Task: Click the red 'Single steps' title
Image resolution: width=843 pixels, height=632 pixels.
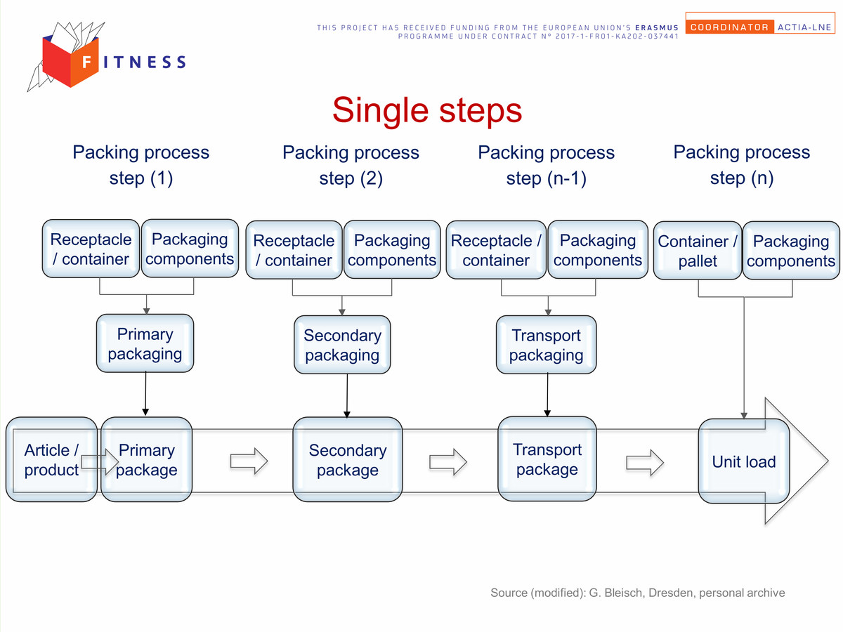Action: click(x=427, y=110)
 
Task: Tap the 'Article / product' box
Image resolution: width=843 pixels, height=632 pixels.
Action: click(x=51, y=459)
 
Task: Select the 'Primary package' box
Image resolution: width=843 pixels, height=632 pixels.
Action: click(x=146, y=459)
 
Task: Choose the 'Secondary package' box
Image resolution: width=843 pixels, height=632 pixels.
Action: click(x=348, y=459)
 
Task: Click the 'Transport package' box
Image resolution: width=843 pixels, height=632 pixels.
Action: click(x=547, y=459)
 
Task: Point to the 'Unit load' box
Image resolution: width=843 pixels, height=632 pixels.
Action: click(x=744, y=461)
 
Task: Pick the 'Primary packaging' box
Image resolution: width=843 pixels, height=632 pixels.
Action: click(x=145, y=343)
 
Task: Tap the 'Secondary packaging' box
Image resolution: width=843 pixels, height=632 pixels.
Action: click(x=342, y=345)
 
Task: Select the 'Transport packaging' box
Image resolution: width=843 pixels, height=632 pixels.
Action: click(x=546, y=345)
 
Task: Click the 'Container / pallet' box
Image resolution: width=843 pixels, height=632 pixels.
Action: click(x=698, y=251)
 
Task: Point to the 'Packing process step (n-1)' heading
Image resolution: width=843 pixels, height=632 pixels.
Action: click(x=546, y=165)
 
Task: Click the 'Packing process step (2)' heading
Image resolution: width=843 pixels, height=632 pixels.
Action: click(x=351, y=165)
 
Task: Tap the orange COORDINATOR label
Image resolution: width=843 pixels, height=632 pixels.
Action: click(x=729, y=27)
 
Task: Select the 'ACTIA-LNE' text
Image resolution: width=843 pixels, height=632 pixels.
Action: click(x=804, y=27)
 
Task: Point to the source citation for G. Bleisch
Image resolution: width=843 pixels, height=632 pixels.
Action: click(x=638, y=593)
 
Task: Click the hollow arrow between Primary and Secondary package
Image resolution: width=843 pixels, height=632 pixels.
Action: click(x=249, y=461)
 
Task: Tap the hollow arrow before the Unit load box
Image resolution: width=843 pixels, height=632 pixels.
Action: click(x=645, y=462)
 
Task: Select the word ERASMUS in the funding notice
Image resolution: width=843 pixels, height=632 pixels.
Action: click(x=657, y=27)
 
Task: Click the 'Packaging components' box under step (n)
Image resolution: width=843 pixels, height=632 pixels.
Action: click(x=791, y=251)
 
